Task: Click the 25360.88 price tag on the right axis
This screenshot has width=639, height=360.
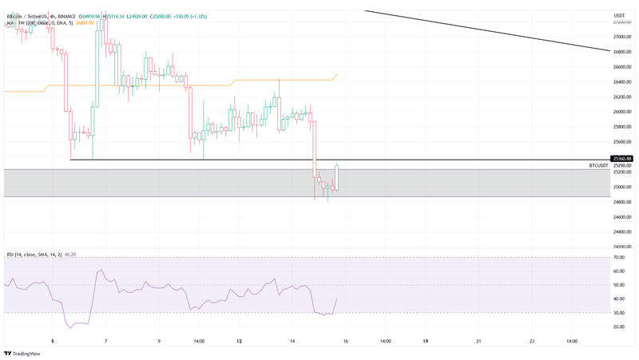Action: pyautogui.click(x=621, y=159)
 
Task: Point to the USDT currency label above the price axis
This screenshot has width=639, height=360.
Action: pyautogui.click(x=619, y=16)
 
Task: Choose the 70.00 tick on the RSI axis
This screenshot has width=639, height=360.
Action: pyautogui.click(x=618, y=258)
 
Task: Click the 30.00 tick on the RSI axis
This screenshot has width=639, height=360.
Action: pyautogui.click(x=618, y=313)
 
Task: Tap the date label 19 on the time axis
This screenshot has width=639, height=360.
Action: pyautogui.click(x=426, y=341)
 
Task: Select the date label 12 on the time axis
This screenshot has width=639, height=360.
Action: pyautogui.click(x=239, y=341)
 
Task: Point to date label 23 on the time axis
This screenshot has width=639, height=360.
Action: pyautogui.click(x=531, y=341)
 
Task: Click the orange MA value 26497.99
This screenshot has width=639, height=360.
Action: pyautogui.click(x=85, y=23)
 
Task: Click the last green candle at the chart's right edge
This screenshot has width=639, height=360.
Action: pyautogui.click(x=337, y=177)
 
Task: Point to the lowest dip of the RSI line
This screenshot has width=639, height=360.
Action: pyautogui.click(x=69, y=327)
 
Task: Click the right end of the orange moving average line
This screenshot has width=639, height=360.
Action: pyautogui.click(x=337, y=74)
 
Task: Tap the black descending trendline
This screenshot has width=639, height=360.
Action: pyautogui.click(x=495, y=31)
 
